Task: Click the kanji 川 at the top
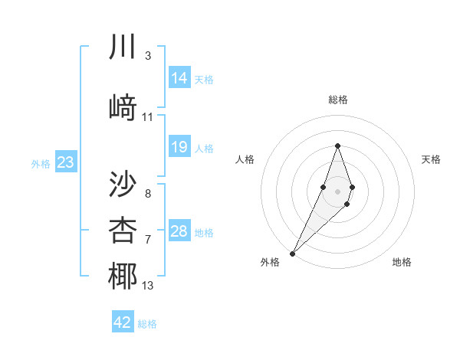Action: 123,47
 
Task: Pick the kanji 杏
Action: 123,229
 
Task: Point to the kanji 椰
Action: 123,277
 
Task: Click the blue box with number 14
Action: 179,78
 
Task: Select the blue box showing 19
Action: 179,148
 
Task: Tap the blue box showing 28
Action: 179,231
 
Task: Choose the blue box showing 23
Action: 65,162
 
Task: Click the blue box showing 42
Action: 123,322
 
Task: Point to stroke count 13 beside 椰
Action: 148,286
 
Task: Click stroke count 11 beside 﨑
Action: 148,117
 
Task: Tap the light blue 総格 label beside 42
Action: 147,324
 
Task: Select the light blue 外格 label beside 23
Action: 41,163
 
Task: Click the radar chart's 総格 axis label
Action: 337,100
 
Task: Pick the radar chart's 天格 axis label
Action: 432,159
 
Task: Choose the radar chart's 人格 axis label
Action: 245,159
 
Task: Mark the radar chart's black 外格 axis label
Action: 269,262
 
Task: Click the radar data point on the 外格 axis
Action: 292,253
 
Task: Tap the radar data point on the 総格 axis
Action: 337,146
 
